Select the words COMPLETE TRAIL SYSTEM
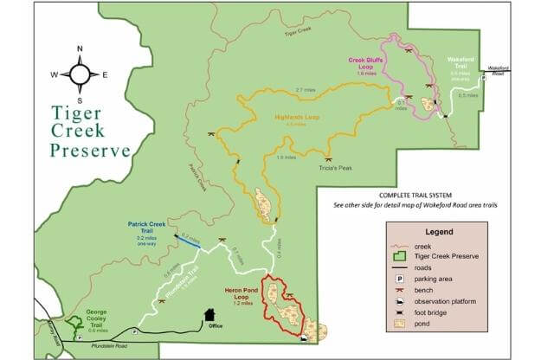pyautogui.click(x=415, y=196)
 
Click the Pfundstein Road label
pyautogui.click(x=108, y=344)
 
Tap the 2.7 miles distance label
pyautogui.click(x=305, y=90)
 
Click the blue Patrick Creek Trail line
pyautogui.click(x=188, y=241)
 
